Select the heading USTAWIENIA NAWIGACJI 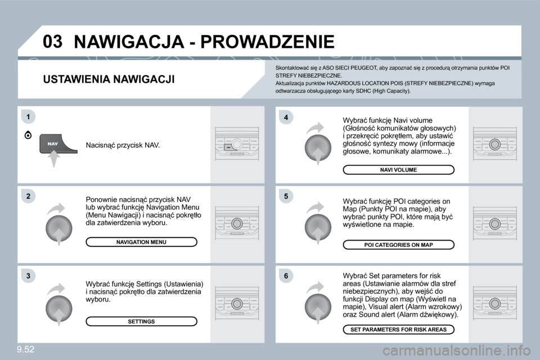tap(109, 79)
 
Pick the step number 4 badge tap(286, 117)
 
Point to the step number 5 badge tap(286, 196)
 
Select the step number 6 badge tap(286, 276)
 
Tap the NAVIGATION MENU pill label tap(141, 242)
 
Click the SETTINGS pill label tap(141, 321)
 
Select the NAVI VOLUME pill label tap(398, 169)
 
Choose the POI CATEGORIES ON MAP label tap(398, 245)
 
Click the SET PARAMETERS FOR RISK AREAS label tap(398, 330)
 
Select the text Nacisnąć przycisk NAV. tap(123, 146)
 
